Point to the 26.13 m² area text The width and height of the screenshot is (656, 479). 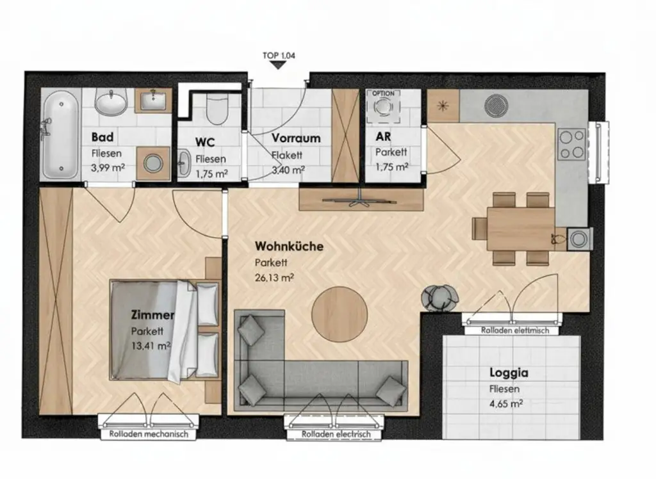click(275, 278)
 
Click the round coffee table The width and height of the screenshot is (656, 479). click(339, 313)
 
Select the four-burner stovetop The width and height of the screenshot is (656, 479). click(571, 144)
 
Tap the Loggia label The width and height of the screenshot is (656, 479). click(509, 373)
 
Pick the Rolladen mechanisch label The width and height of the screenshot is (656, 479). click(145, 434)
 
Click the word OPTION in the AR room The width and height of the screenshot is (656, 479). click(383, 93)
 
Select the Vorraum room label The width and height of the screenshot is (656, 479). click(295, 138)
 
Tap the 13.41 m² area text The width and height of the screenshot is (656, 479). click(151, 346)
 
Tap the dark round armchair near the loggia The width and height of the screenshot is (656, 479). click(440, 296)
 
